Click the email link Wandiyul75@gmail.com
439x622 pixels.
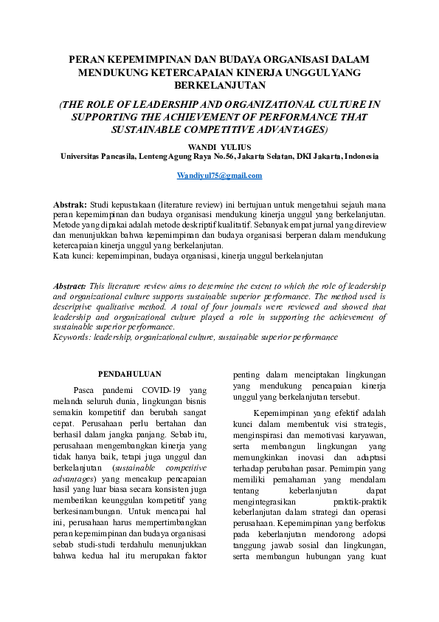[219, 176]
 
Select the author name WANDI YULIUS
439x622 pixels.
[219, 146]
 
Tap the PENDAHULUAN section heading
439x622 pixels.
[129, 374]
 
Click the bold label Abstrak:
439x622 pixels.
[71, 203]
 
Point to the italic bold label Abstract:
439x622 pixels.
[70, 285]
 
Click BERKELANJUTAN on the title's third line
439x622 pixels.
[219, 86]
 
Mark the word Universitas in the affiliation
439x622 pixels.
[82, 157]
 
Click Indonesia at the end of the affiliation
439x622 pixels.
[359, 157]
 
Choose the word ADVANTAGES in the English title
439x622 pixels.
[269, 129]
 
